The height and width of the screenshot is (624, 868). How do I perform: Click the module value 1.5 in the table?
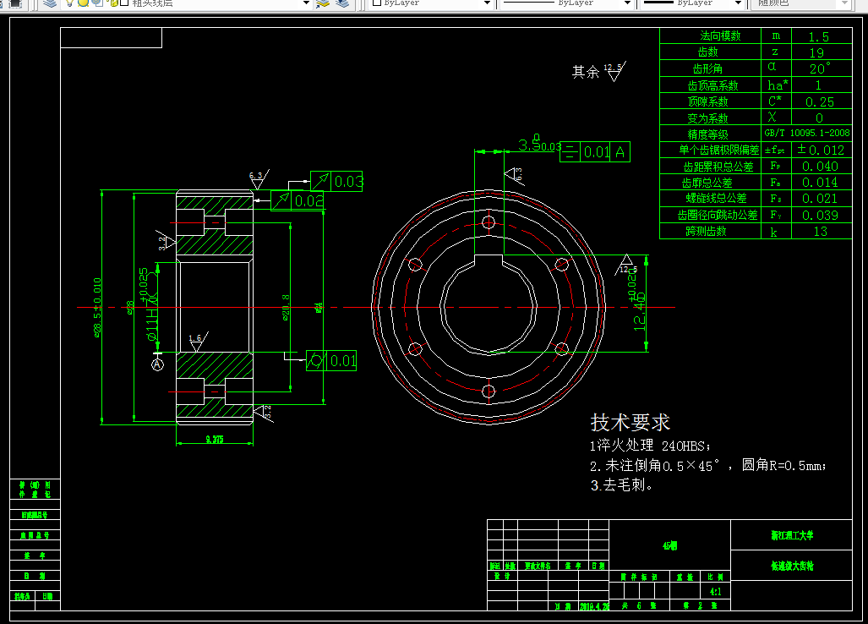[819, 36]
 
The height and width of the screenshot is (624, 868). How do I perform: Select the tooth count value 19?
[819, 52]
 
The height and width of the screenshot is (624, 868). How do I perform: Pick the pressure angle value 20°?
[819, 68]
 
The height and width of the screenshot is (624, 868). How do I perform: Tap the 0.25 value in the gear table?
[819, 101]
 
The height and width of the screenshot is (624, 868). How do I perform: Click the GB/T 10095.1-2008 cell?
[807, 134]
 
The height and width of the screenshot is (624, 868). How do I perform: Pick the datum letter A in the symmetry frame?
[620, 152]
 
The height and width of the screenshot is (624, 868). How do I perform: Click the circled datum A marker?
[157, 364]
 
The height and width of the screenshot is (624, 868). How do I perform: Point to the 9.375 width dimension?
[214, 439]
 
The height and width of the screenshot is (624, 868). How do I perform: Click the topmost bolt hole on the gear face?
[489, 222]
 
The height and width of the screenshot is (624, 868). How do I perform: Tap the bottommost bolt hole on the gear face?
[489, 391]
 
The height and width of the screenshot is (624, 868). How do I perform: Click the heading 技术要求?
[630, 422]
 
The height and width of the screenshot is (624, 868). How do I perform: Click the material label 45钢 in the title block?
[669, 546]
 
